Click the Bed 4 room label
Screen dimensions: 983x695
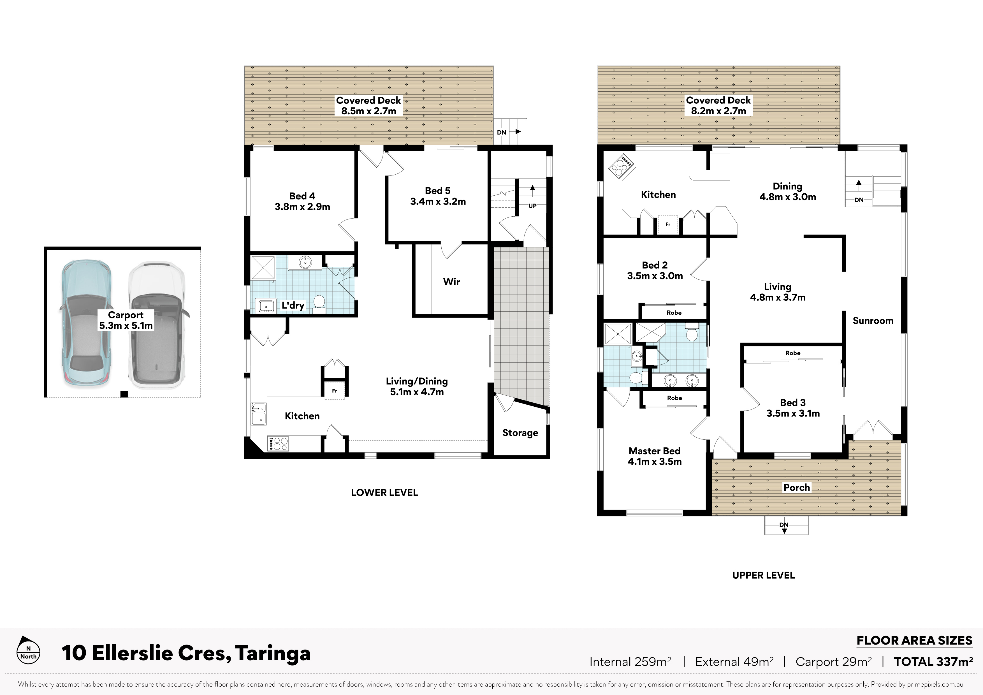(302, 201)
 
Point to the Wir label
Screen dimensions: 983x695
(451, 281)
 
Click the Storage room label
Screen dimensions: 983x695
(520, 433)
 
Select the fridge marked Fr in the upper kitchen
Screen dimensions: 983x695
(667, 224)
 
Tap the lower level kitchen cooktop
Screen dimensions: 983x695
(278, 443)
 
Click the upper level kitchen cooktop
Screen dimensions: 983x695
(621, 167)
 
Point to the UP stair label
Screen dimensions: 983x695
(532, 205)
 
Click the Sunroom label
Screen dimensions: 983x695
(873, 321)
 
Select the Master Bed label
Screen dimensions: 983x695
(655, 456)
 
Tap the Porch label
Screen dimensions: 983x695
(797, 487)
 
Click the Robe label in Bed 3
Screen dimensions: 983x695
(793, 353)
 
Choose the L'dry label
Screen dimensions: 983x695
(293, 305)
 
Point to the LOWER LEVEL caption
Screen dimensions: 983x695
(384, 492)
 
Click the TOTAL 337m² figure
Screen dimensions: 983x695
(933, 662)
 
